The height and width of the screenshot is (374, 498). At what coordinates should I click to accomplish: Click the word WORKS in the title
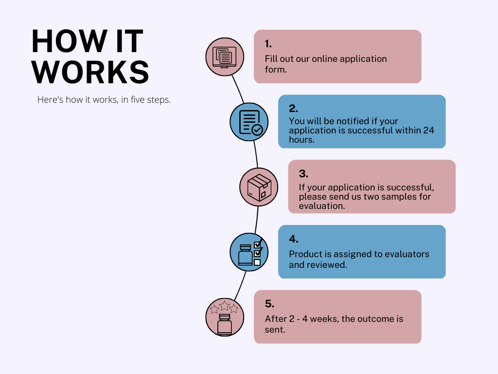90,72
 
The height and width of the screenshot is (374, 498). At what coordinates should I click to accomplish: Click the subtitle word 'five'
138,99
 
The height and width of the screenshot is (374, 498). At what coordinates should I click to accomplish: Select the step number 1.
268,43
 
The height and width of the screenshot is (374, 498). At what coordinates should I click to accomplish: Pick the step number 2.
293,109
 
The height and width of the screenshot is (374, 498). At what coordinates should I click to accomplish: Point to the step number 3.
303,174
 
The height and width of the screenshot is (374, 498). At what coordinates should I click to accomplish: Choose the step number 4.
293,239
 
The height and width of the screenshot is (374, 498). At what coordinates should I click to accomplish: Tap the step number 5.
269,304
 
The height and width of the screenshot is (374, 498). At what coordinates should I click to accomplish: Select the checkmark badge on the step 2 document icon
257,130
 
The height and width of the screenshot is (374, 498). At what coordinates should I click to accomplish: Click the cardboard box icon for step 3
259,187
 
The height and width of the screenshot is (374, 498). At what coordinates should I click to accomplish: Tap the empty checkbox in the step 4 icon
257,262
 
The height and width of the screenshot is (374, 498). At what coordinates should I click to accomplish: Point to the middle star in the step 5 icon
225,306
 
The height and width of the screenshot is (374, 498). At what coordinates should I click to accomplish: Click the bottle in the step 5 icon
225,325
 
